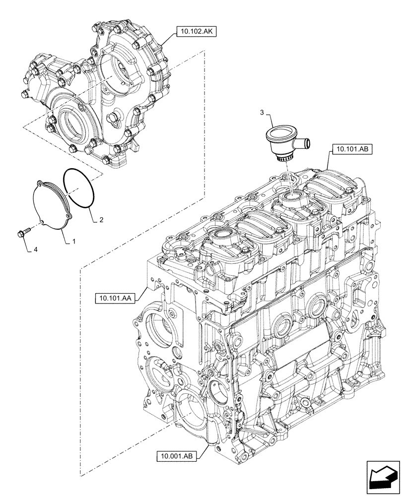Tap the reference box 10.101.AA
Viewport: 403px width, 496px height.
pos(114,298)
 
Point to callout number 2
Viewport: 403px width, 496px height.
pos(101,219)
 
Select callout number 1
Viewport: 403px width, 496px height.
pos(74,241)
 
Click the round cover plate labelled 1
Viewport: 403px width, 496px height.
pos(53,205)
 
